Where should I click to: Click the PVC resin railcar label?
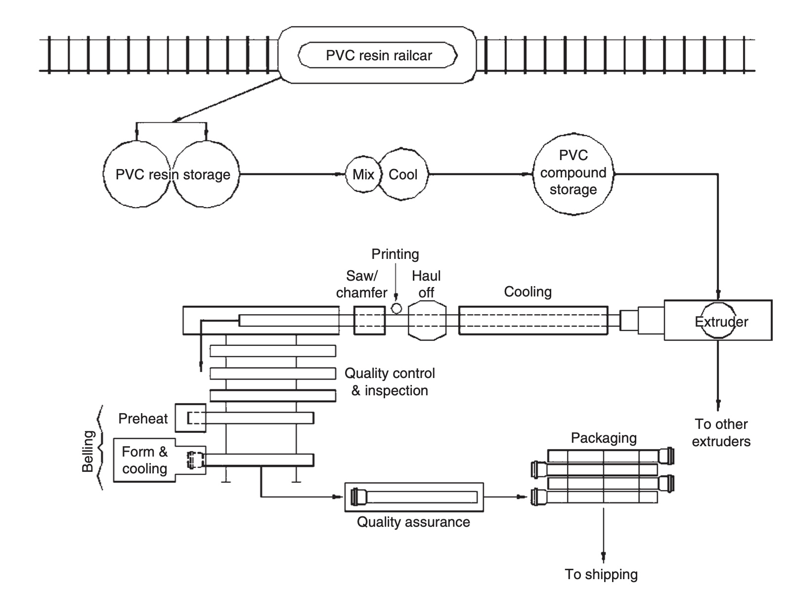[379, 55]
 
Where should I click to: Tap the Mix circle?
[363, 174]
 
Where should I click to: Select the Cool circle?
[403, 174]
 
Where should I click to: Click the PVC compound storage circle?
[573, 172]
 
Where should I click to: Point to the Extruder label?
[721, 322]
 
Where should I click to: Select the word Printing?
[395, 254]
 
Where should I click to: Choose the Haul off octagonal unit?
[427, 320]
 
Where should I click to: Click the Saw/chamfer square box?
[369, 320]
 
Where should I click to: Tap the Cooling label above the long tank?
[528, 292]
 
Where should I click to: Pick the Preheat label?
[143, 419]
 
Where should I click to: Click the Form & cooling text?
[145, 460]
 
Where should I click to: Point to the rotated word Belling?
[88, 451]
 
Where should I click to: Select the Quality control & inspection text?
[390, 382]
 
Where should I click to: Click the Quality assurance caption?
[413, 522]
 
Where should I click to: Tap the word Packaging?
[604, 438]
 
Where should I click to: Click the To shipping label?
[601, 574]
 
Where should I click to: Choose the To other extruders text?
[721, 433]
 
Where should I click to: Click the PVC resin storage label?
[173, 174]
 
